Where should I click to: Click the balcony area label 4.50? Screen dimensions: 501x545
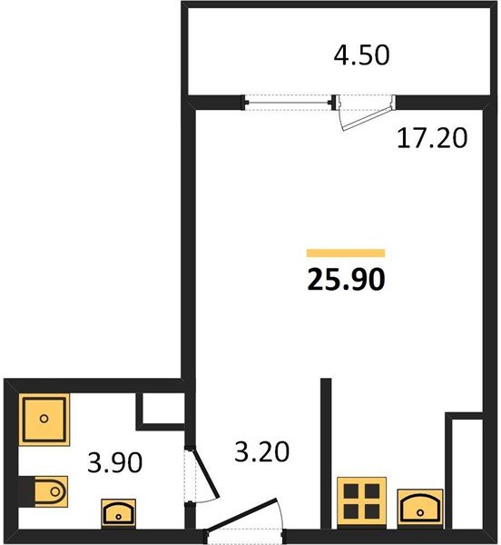(x=361, y=54)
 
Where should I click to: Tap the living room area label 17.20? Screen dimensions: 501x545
(x=432, y=138)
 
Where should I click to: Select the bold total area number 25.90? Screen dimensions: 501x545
(x=346, y=279)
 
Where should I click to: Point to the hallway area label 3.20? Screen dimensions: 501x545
(x=261, y=451)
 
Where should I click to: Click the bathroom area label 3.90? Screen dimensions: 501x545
(x=115, y=462)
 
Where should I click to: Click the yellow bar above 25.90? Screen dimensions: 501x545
(x=346, y=253)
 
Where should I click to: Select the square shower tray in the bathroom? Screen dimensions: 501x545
(x=44, y=419)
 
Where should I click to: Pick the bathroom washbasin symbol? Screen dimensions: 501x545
(x=118, y=514)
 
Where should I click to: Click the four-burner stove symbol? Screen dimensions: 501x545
(x=361, y=503)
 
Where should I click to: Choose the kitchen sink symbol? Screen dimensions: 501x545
(x=420, y=509)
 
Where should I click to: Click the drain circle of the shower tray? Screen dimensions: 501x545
(x=44, y=419)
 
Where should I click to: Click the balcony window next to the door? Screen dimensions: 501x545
(x=288, y=103)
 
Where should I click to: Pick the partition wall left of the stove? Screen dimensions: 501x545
(x=326, y=453)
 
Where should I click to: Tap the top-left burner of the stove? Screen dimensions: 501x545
(x=350, y=491)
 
